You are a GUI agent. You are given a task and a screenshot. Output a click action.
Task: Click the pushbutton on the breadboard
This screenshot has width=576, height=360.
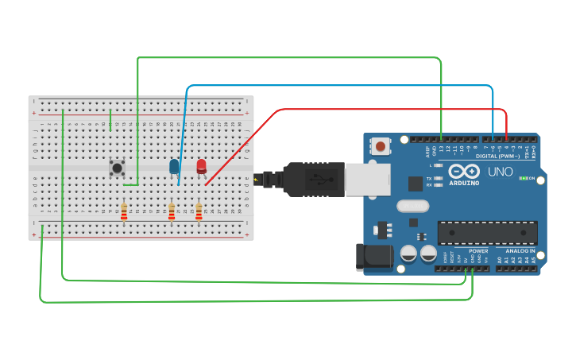pos(117,168)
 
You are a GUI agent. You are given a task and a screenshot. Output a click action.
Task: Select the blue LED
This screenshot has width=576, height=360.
pos(174,166)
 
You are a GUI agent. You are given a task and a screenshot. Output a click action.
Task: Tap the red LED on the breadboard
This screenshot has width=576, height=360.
pos(201,166)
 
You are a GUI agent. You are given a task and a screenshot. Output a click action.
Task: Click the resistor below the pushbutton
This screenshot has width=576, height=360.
pos(124,211)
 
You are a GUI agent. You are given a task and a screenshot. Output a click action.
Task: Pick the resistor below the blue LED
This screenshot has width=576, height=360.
pos(172,211)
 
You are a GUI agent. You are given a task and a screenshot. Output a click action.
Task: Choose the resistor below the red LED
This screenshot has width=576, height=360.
pos(199,211)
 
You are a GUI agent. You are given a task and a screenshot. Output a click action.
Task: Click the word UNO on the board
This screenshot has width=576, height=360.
pos(500,172)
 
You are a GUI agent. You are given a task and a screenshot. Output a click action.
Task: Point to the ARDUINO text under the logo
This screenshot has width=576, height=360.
pos(464,183)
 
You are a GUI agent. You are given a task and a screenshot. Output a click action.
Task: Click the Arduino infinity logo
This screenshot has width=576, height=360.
pos(464,171)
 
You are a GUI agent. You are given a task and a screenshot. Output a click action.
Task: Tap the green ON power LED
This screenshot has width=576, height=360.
pos(523,178)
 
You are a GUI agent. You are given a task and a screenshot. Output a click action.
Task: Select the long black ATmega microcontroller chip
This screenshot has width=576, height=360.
pos(487,233)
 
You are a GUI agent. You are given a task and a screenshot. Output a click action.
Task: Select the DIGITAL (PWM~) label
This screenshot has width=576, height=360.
pos(497,157)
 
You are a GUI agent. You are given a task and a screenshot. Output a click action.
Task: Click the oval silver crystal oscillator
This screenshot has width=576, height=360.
pos(412,207)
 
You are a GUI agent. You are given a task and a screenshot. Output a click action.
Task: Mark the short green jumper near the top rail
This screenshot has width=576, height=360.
pos(110,119)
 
